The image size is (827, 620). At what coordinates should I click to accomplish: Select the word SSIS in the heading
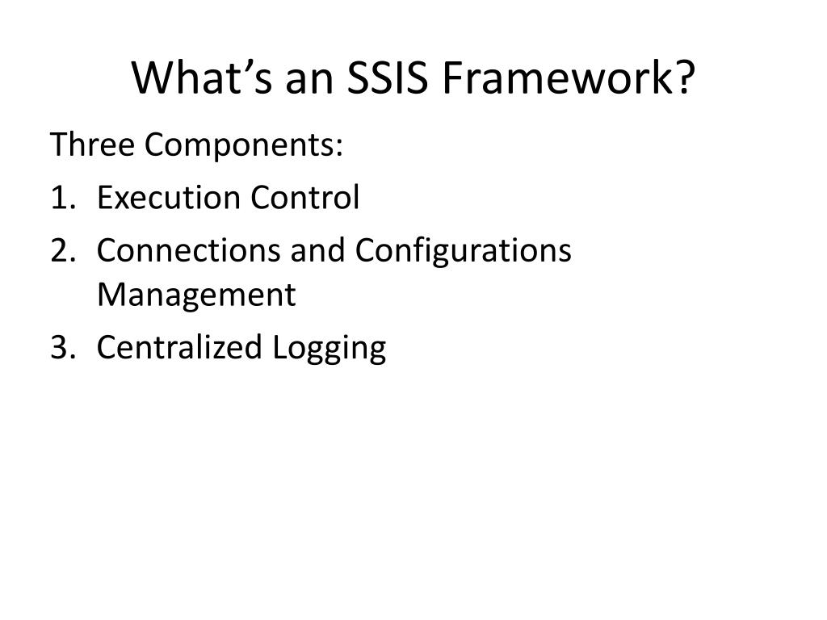pos(377,78)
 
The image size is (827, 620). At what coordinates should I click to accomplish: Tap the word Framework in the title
pos(558,78)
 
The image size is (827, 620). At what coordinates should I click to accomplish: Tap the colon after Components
pos(339,148)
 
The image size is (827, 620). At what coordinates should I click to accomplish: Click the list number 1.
pos(58,198)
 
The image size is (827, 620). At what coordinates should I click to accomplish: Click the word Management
pos(196,295)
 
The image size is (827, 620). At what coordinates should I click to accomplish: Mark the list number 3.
pos(60,347)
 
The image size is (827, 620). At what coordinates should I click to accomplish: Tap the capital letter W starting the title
pos(150,78)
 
